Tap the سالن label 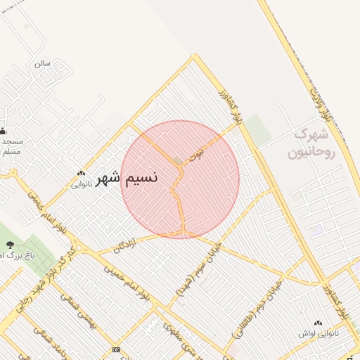(43, 63)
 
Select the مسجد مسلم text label (11, 146)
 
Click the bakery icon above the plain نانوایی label (81, 173)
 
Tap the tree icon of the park (11, 244)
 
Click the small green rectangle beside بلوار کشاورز (257, 130)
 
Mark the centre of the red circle (180, 179)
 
